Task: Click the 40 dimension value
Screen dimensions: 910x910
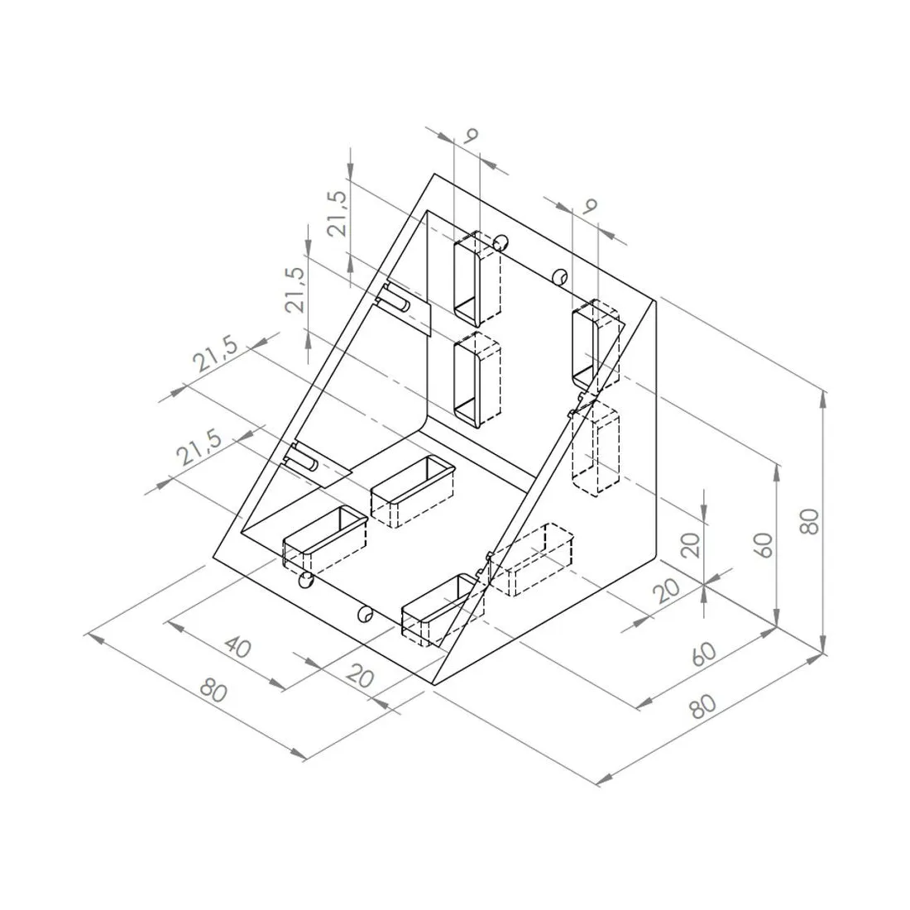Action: point(237,647)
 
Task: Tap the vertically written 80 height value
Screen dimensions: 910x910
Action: point(809,521)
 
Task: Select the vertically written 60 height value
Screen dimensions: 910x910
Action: point(765,545)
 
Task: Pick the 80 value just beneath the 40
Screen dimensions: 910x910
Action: point(213,690)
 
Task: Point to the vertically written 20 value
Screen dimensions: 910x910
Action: point(691,545)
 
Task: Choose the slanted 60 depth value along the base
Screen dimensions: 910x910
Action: point(703,654)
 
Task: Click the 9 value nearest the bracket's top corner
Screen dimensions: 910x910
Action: point(471,135)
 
